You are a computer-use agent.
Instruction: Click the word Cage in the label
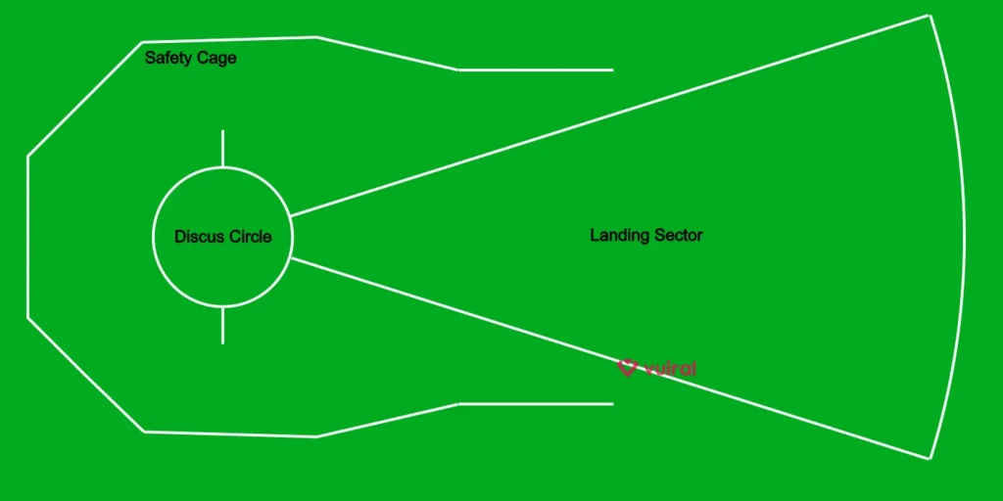pos(216,58)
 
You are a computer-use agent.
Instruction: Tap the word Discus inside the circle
pos(199,237)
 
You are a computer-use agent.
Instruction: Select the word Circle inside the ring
pos(250,237)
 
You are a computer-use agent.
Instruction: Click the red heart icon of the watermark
pos(628,367)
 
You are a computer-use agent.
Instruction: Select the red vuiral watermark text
pos(671,368)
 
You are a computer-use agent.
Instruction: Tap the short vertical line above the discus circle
pos(222,148)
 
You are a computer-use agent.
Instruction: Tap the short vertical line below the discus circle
pos(222,325)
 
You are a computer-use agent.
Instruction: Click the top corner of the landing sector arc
pos(929,16)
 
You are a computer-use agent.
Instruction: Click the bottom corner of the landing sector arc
pos(929,457)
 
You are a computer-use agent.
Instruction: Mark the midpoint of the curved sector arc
pos(964,236)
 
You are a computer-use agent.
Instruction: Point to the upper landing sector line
pos(607,115)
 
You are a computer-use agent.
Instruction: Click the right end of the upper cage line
pos(612,70)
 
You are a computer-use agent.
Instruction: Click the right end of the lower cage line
pos(612,403)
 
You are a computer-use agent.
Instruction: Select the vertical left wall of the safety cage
pos(28,236)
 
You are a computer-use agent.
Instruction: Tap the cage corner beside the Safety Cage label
pos(144,42)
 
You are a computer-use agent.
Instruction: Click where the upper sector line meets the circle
pos(290,215)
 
